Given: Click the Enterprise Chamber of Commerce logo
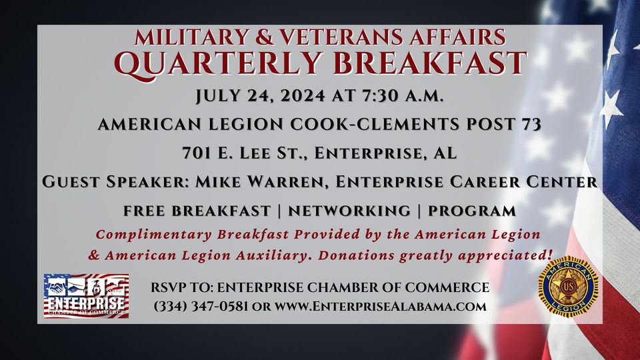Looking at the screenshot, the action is pos(86,296).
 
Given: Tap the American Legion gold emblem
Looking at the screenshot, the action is pos(568,287).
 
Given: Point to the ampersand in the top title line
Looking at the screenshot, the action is pos(265,37).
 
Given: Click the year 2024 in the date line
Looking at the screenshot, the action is pos(303,95).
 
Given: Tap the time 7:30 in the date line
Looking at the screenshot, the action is pos(379,95).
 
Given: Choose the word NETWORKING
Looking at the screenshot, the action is pos(349,211).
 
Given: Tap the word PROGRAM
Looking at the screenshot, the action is pos(471,211).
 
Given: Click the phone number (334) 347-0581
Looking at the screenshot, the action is pos(201,306).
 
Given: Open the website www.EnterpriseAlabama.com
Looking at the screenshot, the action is pos(380,306).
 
